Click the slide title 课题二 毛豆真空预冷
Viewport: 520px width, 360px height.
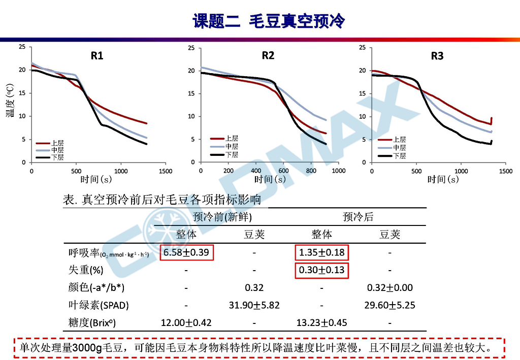(x=269, y=21)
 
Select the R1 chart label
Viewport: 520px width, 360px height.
(x=97, y=56)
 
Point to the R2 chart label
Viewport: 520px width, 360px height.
(x=268, y=55)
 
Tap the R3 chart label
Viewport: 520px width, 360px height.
(x=437, y=56)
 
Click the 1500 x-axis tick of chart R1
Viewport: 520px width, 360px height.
(x=166, y=171)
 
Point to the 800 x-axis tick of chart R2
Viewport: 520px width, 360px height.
(x=311, y=171)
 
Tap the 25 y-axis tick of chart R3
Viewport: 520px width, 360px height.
(x=362, y=48)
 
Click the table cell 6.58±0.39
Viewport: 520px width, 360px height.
(x=186, y=252)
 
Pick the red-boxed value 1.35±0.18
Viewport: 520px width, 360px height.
(x=322, y=252)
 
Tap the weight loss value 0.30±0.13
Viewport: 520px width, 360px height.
(x=322, y=270)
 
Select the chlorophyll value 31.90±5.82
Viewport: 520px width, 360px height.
(x=254, y=305)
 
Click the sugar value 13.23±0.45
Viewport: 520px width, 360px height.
(x=322, y=322)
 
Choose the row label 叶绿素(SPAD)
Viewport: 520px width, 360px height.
(x=99, y=305)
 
